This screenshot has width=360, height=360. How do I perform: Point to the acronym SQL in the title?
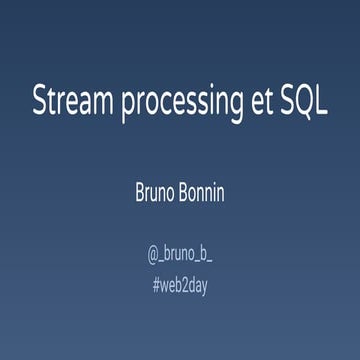tap(305, 103)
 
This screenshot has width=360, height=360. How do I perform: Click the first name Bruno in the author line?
tap(156, 192)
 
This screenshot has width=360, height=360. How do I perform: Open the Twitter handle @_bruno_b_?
tap(180, 253)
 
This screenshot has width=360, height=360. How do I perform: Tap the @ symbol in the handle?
tap(153, 253)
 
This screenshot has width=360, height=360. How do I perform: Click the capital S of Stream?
tap(40, 103)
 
